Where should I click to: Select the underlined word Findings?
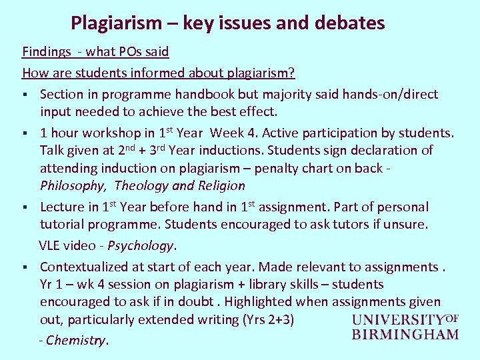click(x=47, y=51)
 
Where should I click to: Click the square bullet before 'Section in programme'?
click(x=25, y=95)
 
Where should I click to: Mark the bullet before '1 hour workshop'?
click(x=25, y=133)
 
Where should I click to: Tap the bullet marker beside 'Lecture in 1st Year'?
click(x=25, y=207)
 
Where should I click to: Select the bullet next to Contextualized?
click(x=25, y=267)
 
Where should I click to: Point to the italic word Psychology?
click(x=140, y=245)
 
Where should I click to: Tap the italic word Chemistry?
click(x=75, y=341)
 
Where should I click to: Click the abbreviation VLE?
click(x=51, y=245)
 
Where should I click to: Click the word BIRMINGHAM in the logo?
click(x=405, y=334)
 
